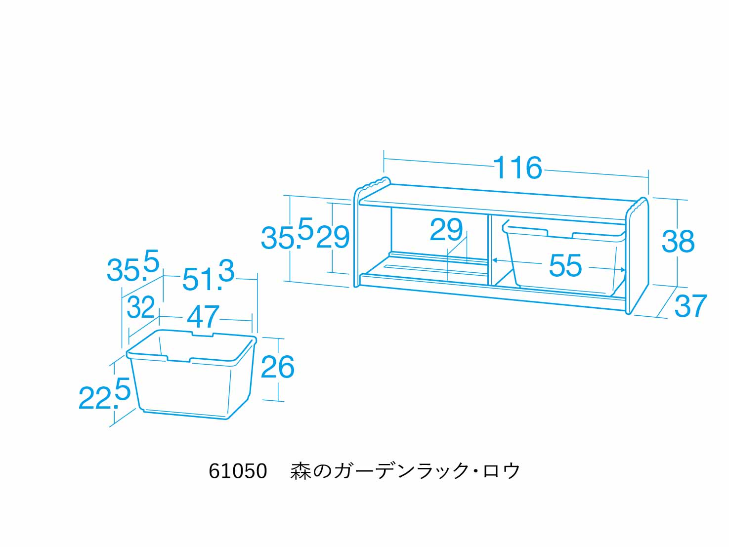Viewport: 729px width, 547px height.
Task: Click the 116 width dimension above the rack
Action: pos(518,168)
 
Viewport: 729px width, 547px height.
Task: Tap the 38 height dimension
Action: pos(678,241)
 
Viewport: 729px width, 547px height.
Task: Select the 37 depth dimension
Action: pos(690,306)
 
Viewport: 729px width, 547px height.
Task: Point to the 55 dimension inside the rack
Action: pos(565,265)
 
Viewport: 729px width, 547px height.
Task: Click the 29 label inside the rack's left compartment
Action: pos(446,229)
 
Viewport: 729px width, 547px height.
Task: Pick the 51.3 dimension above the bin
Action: pos(208,276)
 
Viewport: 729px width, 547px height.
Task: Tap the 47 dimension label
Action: pos(203,316)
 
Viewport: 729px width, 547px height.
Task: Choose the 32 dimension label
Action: pos(141,307)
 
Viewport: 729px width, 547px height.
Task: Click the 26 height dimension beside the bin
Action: pos(278,367)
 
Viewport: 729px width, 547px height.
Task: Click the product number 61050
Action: pos(238,471)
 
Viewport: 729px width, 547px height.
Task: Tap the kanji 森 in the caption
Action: pos(300,471)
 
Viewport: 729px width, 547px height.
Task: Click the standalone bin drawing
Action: pos(191,375)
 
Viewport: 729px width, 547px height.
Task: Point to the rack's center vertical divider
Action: pos(489,250)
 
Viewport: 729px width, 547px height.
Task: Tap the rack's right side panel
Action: pos(637,256)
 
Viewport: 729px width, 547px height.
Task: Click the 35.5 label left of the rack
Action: pos(287,233)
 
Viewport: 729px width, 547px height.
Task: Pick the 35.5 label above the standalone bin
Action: pos(133,265)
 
